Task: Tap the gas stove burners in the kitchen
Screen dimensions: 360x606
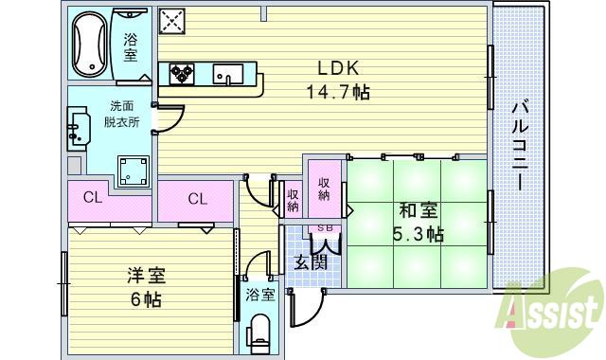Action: pos(182,73)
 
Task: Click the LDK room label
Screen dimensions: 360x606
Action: pos(336,69)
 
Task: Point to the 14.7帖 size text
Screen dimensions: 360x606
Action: pos(336,92)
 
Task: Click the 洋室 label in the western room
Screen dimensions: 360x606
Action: pos(146,276)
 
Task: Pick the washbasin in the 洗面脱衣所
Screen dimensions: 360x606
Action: pos(79,131)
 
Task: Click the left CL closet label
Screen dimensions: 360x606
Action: pos(92,198)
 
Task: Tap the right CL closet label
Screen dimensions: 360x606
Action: pos(197,198)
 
